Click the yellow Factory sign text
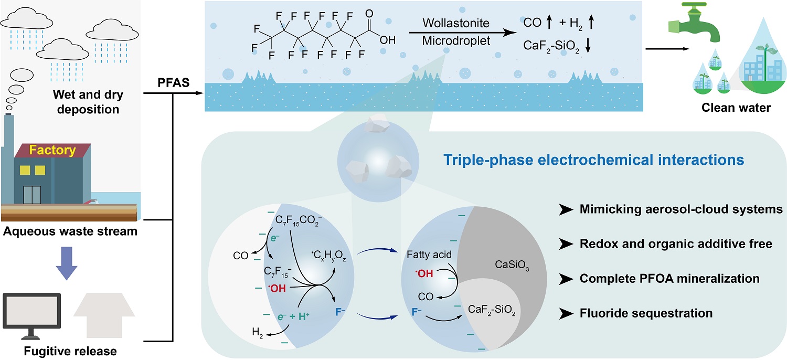[x=52, y=151]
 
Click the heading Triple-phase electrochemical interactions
[x=594, y=160]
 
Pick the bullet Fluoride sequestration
[x=646, y=313]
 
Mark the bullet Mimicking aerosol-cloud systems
[x=681, y=209]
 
